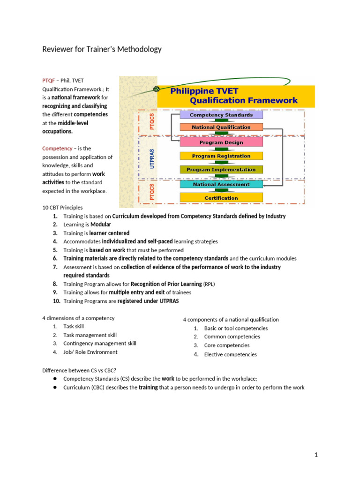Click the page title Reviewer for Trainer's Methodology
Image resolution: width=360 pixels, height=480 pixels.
102,49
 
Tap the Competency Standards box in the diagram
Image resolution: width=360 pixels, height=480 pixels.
221,115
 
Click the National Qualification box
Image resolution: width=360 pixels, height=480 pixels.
221,127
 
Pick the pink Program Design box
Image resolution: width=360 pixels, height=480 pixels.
221,142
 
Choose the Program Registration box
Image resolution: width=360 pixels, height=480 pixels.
221,156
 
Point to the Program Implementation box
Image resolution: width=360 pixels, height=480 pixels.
221,170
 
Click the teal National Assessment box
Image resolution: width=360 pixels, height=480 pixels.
221,185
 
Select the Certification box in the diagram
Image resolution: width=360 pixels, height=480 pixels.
221,198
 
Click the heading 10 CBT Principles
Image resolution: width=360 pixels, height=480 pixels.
63,208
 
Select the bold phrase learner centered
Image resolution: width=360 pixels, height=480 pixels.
110,233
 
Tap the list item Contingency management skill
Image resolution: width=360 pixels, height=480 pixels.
100,344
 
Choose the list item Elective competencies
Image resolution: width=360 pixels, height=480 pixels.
230,354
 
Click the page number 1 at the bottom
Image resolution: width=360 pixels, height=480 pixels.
316,455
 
